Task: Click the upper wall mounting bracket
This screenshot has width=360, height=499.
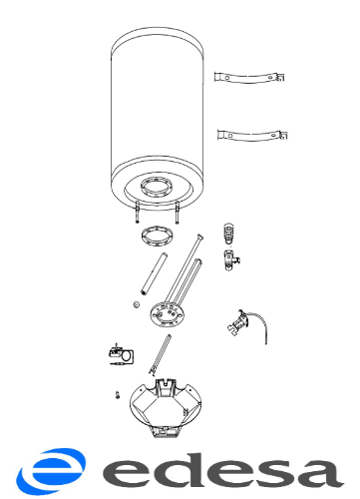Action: (249, 78)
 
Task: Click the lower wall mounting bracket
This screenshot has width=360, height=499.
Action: (252, 136)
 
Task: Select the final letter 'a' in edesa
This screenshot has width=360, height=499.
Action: (318, 473)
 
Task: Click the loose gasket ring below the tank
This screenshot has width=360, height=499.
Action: (158, 237)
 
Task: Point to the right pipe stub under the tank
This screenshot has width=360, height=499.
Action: (178, 213)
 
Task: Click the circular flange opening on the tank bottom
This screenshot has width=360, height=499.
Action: (157, 188)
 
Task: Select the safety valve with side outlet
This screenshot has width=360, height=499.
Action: (231, 259)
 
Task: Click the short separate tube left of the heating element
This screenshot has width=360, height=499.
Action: (155, 274)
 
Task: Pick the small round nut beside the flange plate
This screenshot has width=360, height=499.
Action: (136, 304)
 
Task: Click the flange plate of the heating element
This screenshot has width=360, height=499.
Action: (167, 314)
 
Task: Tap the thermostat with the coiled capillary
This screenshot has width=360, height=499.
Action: (121, 354)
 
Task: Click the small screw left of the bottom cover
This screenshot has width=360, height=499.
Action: (118, 395)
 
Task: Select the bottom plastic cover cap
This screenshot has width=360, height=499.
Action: (166, 407)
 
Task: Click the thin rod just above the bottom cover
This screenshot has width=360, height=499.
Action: (161, 355)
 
